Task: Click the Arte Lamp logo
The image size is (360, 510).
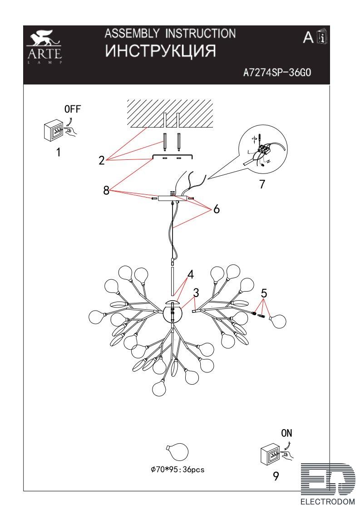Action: (44, 47)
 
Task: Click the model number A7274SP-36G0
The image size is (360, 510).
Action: (277, 72)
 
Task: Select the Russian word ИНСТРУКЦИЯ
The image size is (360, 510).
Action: (160, 51)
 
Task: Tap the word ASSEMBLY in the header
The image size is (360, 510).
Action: (132, 33)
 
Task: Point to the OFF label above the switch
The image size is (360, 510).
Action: (72, 109)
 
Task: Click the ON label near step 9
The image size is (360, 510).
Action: (286, 433)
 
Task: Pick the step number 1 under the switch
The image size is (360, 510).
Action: (59, 152)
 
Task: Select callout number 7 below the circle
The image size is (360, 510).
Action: (262, 184)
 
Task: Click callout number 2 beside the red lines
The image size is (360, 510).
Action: (102, 160)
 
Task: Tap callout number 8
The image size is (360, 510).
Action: (106, 190)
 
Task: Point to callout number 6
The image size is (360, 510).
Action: (217, 209)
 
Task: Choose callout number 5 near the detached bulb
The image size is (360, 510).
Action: (264, 293)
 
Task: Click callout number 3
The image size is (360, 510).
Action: (196, 293)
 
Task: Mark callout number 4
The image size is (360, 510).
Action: (191, 274)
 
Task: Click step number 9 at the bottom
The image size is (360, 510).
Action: (276, 476)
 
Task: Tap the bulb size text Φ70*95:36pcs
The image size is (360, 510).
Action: (178, 470)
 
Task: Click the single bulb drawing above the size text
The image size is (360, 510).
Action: (177, 452)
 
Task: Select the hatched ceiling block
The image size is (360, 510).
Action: (170, 114)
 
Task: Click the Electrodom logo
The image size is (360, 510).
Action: (327, 484)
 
